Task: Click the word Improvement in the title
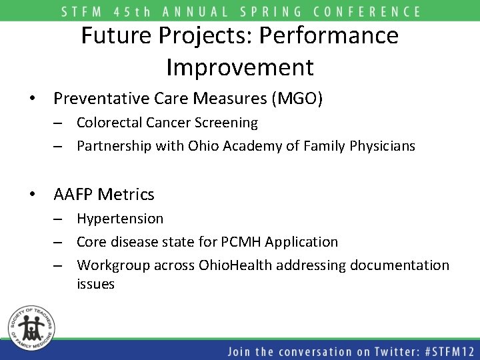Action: click(x=239, y=67)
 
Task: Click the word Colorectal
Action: click(x=108, y=123)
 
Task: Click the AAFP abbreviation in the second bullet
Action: click(x=73, y=195)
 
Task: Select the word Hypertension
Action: click(x=120, y=219)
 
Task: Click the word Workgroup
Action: click(x=113, y=265)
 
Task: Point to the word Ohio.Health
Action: click(x=234, y=265)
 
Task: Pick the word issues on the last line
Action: click(x=95, y=284)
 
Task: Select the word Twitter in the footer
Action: click(x=363, y=351)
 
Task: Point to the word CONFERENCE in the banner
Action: click(x=364, y=11)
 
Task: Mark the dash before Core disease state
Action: click(x=59, y=242)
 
